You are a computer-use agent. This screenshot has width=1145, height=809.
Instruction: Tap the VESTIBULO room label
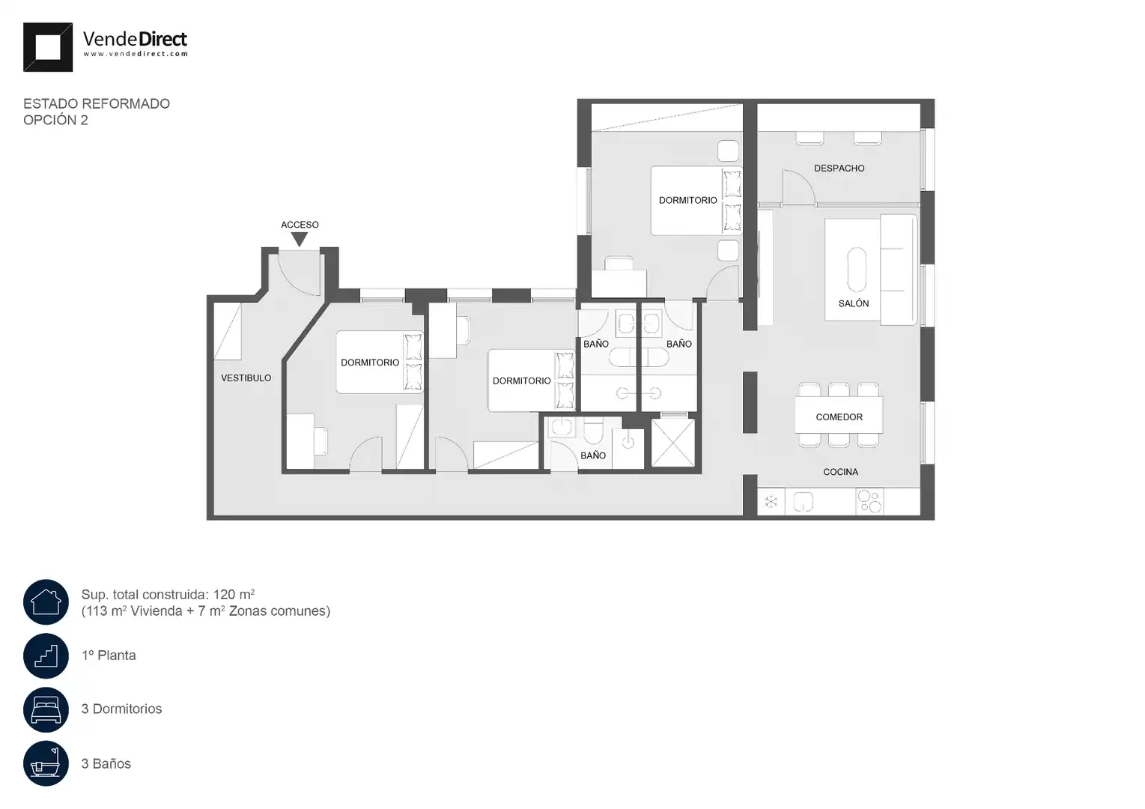[246, 378]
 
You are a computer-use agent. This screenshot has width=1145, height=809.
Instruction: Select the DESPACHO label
[839, 169]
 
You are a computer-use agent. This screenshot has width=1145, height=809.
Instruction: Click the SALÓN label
[854, 303]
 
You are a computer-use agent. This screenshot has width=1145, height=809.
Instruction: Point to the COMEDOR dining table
[839, 415]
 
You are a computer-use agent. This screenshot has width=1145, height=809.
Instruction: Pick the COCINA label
[840, 472]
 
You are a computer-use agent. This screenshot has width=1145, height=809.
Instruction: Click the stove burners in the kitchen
[869, 501]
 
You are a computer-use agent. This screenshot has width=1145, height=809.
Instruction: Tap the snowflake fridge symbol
[771, 502]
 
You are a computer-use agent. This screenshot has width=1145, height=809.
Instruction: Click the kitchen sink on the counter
[803, 502]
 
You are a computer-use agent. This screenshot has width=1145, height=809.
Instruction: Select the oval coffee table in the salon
[857, 270]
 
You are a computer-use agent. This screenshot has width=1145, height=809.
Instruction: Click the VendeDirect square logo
[48, 47]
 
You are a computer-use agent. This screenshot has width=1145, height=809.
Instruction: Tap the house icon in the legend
[46, 602]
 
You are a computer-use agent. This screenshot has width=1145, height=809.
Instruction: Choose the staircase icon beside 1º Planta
[46, 655]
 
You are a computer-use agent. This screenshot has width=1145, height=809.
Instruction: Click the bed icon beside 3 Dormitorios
[46, 709]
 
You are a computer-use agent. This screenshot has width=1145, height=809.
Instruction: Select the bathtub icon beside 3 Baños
[46, 763]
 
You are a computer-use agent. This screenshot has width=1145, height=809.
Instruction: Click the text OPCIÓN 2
[55, 120]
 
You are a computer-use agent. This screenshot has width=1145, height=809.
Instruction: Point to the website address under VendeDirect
[136, 54]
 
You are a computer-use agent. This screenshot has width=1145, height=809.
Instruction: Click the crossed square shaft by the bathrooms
[673, 443]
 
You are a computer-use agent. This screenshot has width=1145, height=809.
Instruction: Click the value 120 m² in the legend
[234, 594]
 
